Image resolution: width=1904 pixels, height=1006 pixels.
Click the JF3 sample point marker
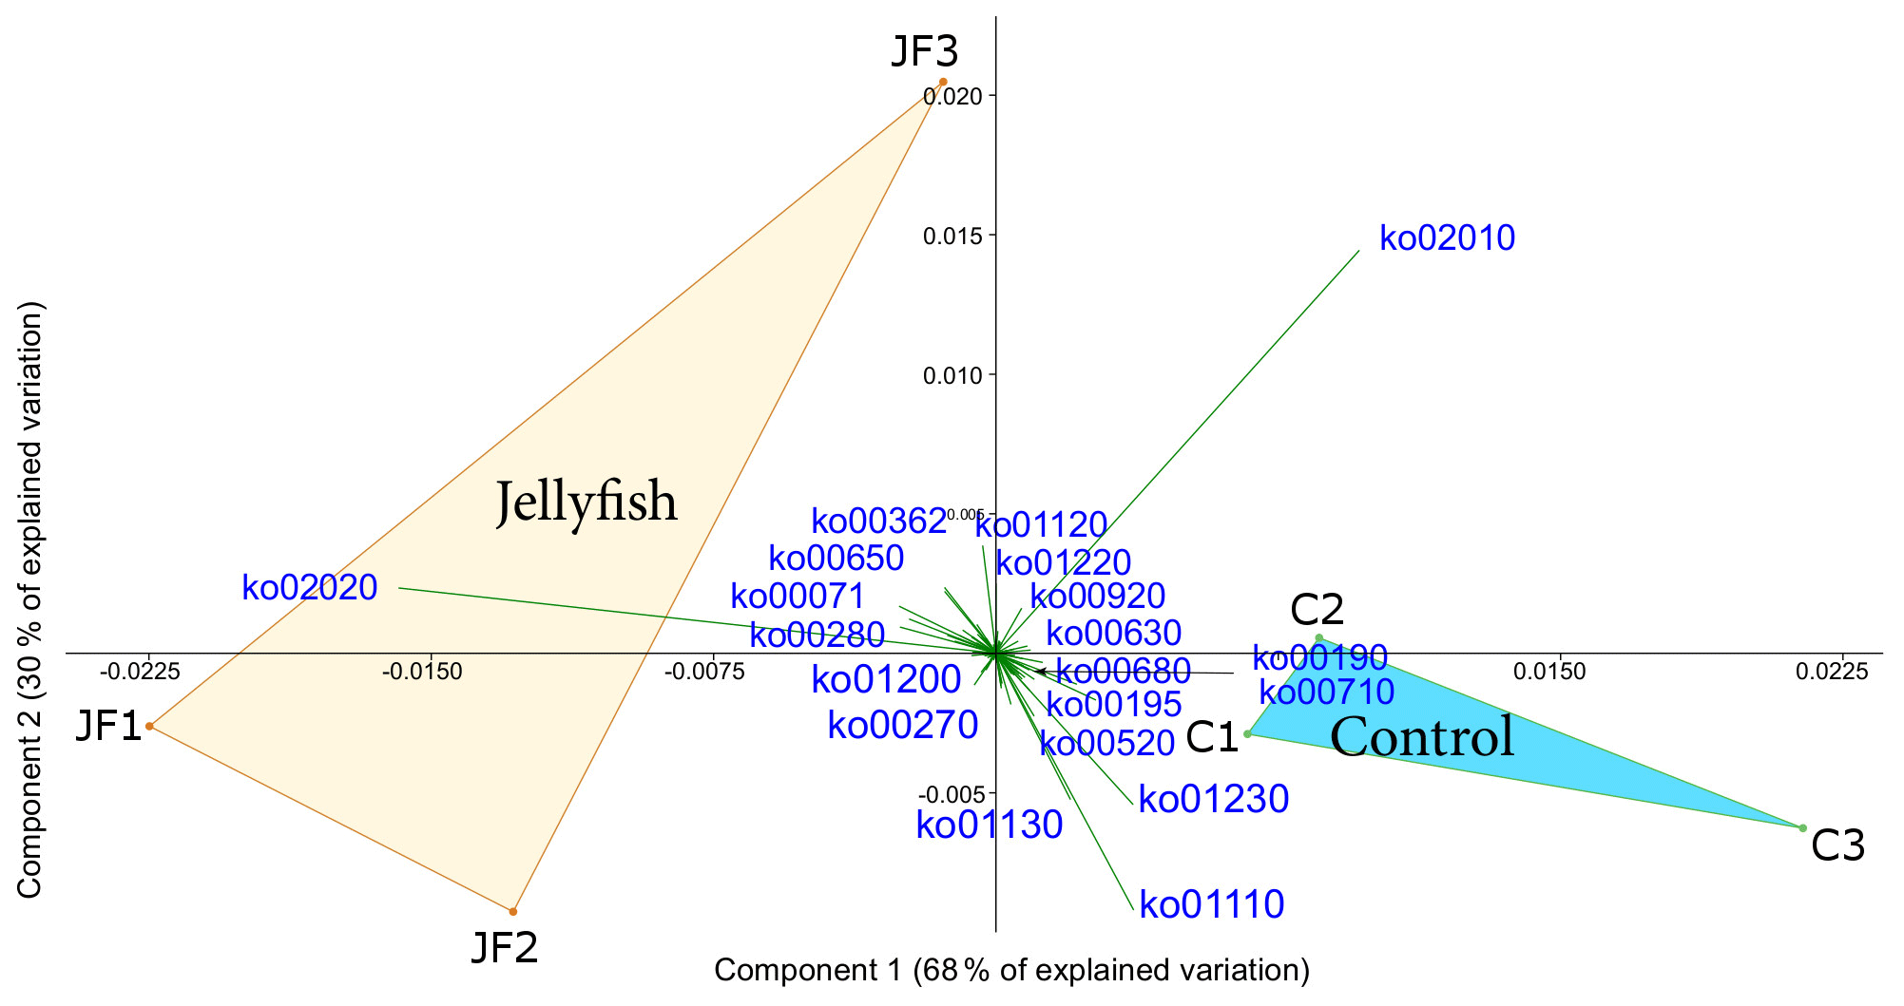(x=942, y=82)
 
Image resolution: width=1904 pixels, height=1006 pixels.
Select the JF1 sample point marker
(x=149, y=726)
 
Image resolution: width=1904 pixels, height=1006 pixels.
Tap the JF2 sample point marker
(x=513, y=911)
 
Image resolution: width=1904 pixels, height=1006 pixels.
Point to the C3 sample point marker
(x=1802, y=827)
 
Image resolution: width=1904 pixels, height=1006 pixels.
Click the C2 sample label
(x=1317, y=610)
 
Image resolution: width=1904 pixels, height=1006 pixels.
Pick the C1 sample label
(x=1212, y=737)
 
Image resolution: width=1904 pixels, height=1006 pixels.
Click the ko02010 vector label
(x=1447, y=238)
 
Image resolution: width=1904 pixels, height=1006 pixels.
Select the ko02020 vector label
(x=310, y=588)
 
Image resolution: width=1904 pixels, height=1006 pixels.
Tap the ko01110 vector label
(x=1212, y=904)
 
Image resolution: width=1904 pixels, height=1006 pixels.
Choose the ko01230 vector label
(x=1214, y=800)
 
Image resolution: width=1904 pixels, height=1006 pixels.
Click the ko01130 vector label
(x=989, y=825)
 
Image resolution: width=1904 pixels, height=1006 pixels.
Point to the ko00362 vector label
(x=879, y=522)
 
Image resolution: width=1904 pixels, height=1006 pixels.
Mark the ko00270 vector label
(x=903, y=726)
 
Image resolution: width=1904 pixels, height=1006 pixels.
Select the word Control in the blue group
(x=1422, y=737)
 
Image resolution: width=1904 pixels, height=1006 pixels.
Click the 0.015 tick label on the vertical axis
(x=952, y=236)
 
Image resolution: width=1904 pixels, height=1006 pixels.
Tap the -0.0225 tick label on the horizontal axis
(x=140, y=673)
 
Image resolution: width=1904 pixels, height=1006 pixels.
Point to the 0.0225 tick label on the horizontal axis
(x=1832, y=673)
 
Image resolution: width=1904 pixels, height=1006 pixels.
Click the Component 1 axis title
(x=1011, y=970)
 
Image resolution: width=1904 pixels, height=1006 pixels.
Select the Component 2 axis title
(x=30, y=599)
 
